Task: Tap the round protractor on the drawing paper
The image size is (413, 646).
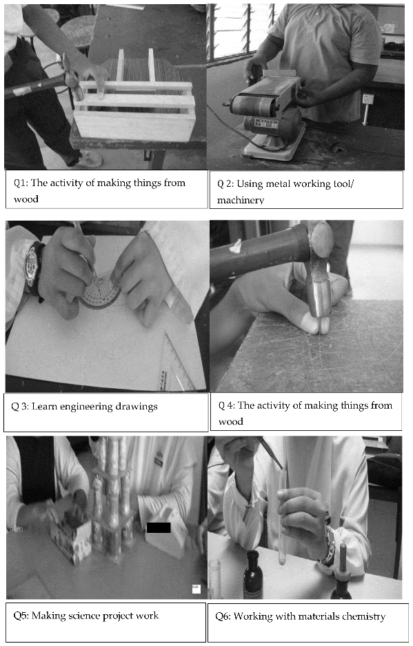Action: tap(100, 292)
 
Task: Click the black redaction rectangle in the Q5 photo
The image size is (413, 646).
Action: tap(159, 527)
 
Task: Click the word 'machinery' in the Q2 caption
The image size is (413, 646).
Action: tap(241, 200)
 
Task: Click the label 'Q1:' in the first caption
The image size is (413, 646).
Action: tap(21, 183)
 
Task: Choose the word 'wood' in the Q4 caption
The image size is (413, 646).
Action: tap(230, 421)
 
